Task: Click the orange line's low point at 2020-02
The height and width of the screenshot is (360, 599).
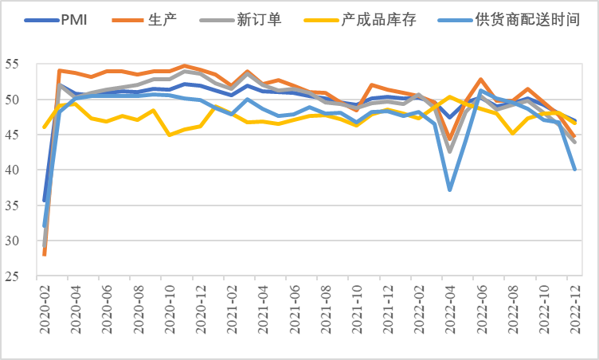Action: [x=45, y=255]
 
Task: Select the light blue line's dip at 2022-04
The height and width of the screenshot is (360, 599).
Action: [x=450, y=190]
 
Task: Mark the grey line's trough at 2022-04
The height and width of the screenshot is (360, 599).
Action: [x=450, y=151]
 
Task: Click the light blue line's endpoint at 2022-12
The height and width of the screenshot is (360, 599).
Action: [x=575, y=170]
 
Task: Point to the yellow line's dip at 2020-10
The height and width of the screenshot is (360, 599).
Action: [x=170, y=135]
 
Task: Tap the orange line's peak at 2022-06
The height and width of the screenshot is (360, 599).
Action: [x=481, y=80]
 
